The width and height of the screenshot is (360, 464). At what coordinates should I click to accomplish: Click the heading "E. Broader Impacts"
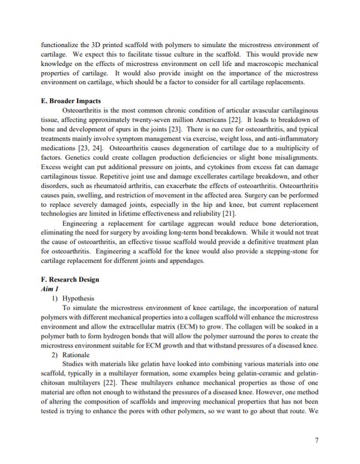71,101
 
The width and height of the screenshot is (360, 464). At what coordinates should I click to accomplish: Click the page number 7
316,441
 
